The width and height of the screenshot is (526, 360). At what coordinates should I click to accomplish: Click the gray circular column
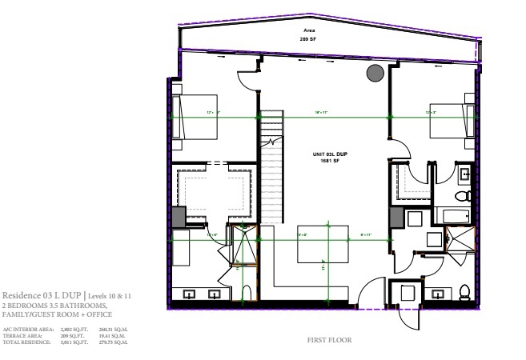point(374,74)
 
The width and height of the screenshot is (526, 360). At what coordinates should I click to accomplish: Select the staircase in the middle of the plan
point(273,168)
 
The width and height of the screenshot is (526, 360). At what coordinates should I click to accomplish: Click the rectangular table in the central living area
point(323,243)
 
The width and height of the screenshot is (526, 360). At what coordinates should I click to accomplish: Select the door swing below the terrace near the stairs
point(247,80)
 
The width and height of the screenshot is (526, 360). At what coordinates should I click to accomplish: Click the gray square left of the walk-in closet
point(179,216)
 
